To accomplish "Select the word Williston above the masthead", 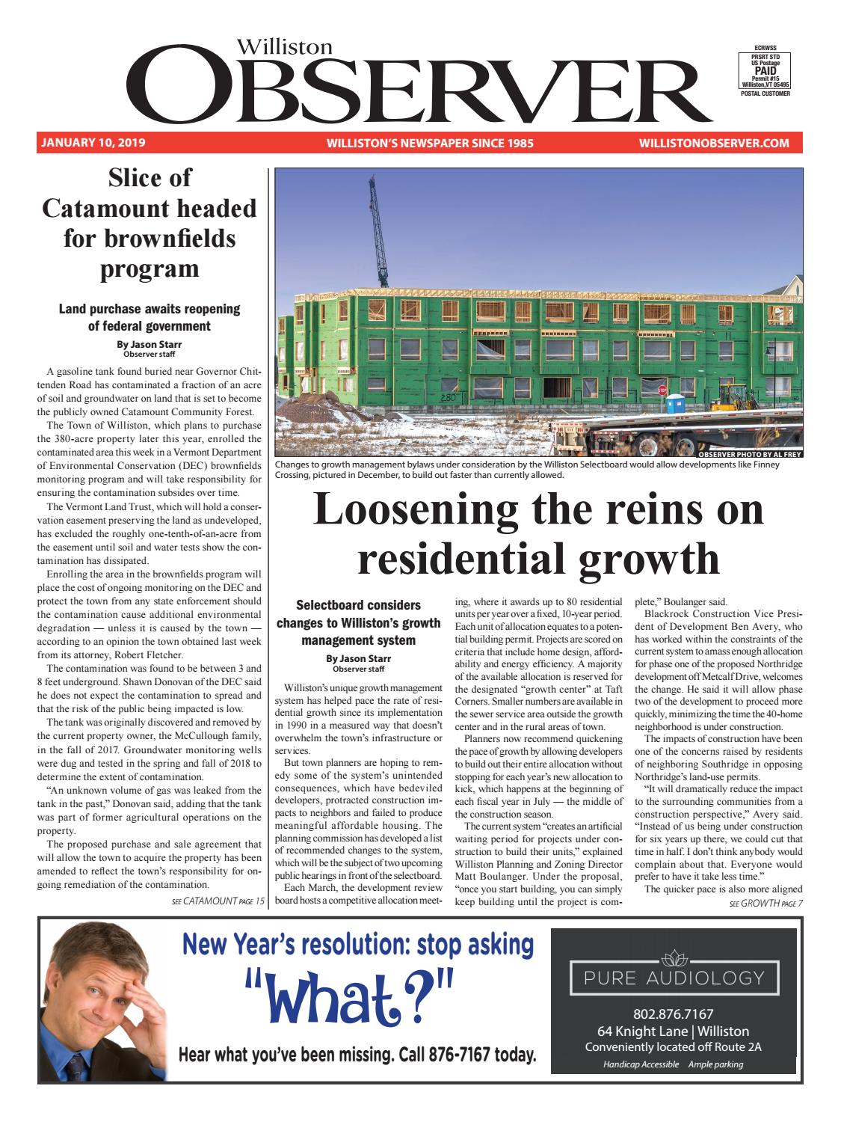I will point(285,46).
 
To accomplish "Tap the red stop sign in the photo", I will point(662,390).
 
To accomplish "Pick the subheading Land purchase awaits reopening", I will point(149,309).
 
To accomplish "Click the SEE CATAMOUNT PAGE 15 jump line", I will point(218,901).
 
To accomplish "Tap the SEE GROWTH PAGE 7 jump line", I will point(765,903).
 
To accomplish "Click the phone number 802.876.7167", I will point(674,1015).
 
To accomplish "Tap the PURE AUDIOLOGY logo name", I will point(674,977).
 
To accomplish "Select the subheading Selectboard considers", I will point(359,604).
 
